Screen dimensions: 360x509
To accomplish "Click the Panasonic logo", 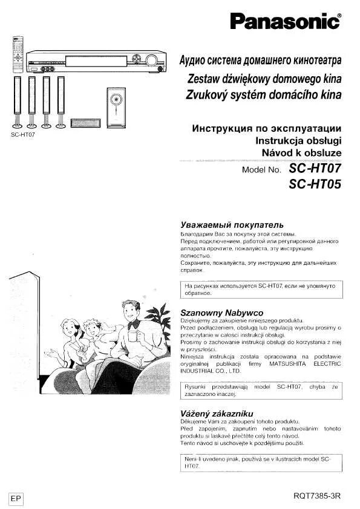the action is point(286,23).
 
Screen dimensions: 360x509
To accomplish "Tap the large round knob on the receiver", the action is point(151,60).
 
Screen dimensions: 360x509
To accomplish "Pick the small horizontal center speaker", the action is point(85,123).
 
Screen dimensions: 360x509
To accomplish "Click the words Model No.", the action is point(262,170).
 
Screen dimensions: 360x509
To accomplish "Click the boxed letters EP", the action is point(16,498).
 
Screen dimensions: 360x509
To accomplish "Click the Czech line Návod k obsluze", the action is point(301,154).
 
